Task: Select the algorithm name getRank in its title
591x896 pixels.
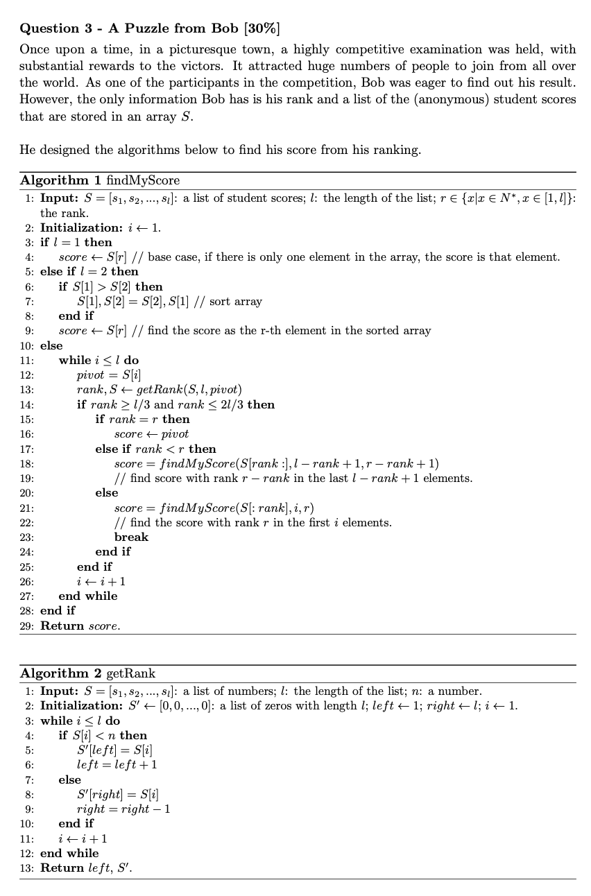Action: point(130,673)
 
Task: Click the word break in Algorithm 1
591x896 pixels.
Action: point(131,537)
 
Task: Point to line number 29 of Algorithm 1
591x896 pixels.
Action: point(28,626)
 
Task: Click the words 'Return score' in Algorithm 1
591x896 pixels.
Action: point(80,626)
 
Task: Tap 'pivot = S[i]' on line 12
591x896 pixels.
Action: point(105,375)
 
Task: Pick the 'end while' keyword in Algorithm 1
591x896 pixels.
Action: point(88,596)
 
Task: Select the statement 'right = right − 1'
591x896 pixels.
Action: point(123,809)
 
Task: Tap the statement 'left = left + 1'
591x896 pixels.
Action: point(117,764)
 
